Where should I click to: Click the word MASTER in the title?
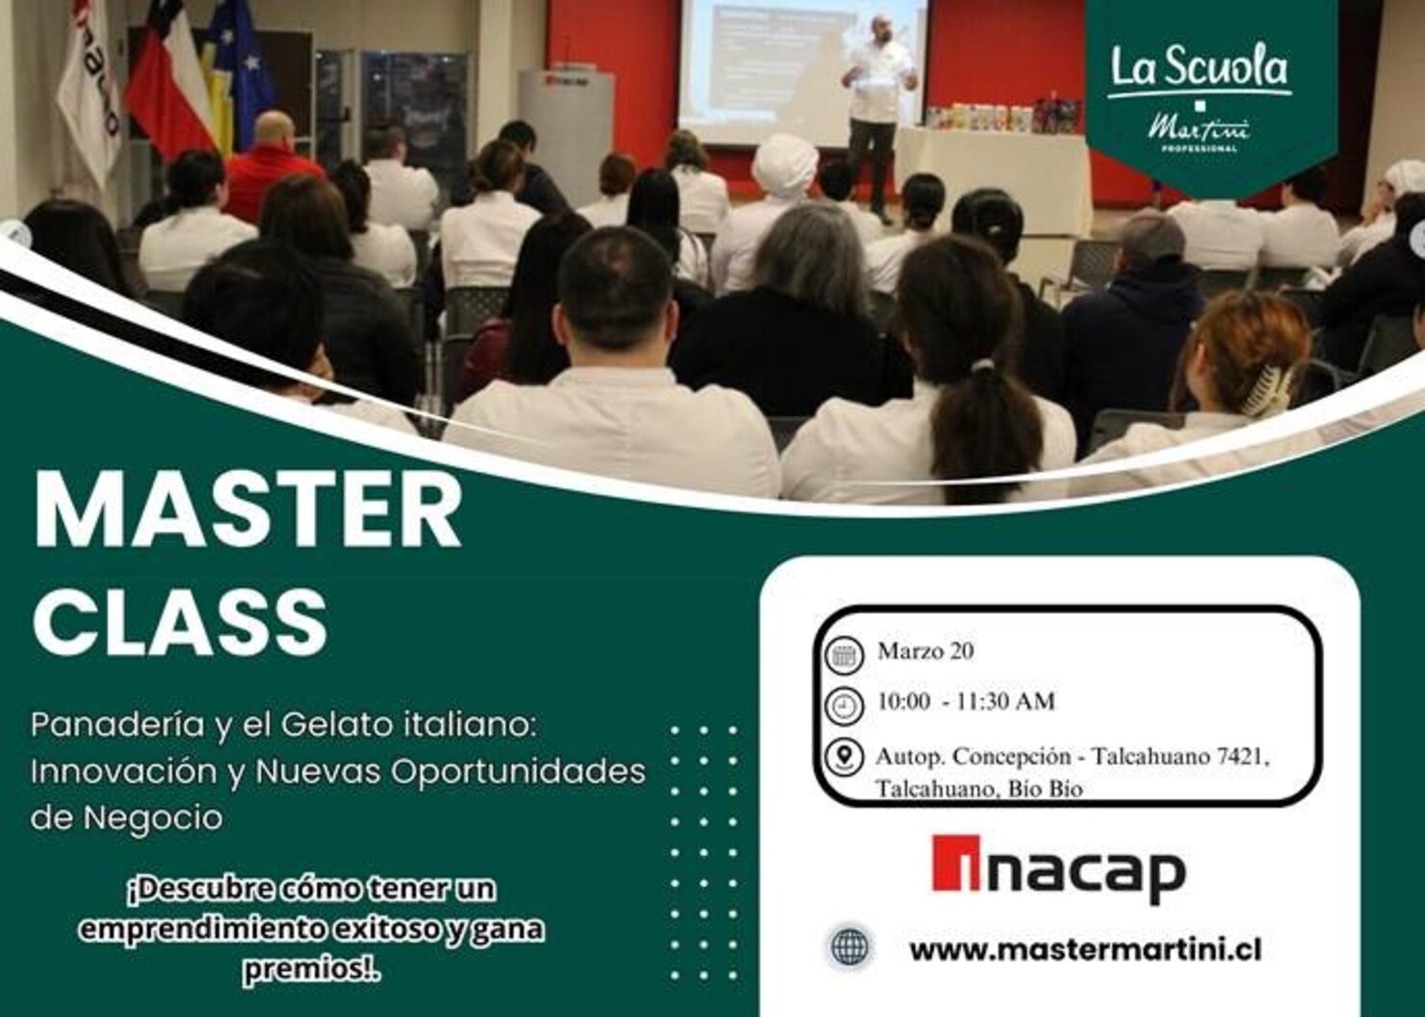[247, 512]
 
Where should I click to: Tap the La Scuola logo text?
[1199, 69]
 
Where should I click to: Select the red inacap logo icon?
[955, 864]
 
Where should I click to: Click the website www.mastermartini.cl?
[1085, 950]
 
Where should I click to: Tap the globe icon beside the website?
[849, 947]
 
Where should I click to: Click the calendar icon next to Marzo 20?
[844, 655]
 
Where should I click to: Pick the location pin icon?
[844, 757]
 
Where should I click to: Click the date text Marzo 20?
[925, 651]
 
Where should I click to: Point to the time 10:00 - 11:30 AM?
[965, 701]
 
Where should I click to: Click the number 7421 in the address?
[1242, 757]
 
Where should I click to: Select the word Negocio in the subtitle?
[153, 818]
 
